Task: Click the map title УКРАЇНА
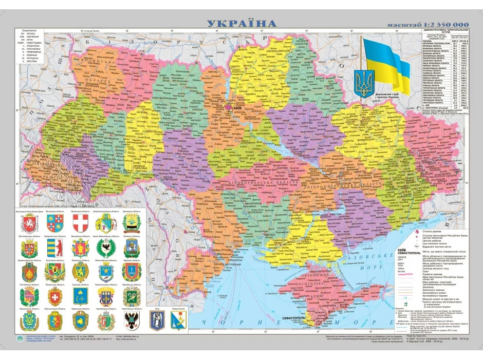[241, 23]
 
